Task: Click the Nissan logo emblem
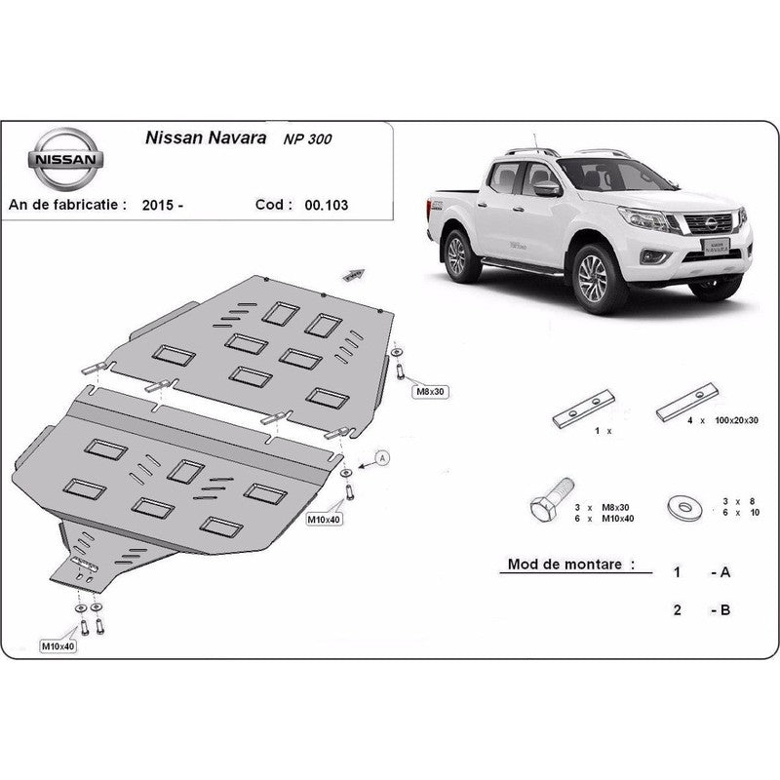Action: [x=65, y=159]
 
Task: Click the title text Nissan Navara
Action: [x=206, y=137]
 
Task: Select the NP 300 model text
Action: [x=307, y=139]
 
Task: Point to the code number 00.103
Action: [x=327, y=205]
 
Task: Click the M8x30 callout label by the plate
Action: [x=430, y=392]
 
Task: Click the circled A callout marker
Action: [x=382, y=457]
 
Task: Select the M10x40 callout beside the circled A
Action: [x=324, y=520]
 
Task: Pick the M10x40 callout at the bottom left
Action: [x=58, y=646]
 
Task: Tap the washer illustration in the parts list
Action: [x=685, y=507]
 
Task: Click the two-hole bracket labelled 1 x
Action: [x=583, y=409]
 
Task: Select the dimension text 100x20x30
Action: [x=736, y=420]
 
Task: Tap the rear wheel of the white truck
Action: [x=457, y=255]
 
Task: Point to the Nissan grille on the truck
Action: [x=710, y=224]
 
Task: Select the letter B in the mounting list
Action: [x=724, y=610]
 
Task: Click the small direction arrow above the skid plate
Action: [x=354, y=275]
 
